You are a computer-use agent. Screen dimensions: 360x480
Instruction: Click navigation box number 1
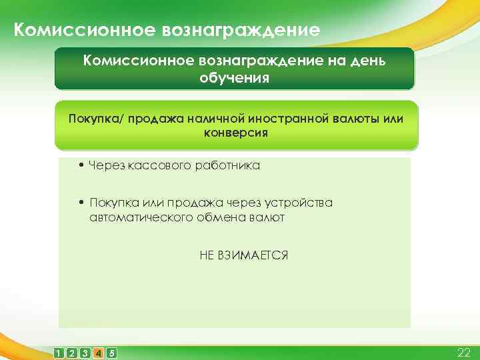click(x=60, y=352)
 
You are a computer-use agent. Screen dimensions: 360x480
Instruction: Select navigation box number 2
click(x=73, y=352)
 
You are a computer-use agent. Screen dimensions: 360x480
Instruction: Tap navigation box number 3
click(x=85, y=352)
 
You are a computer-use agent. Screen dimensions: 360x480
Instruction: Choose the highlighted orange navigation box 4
click(x=99, y=352)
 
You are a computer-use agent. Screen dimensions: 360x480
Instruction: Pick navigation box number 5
click(x=111, y=352)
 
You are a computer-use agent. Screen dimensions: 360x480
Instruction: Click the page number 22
click(x=463, y=352)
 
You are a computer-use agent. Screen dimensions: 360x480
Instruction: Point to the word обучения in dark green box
click(x=234, y=78)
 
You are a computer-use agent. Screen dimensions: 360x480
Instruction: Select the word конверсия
click(x=235, y=132)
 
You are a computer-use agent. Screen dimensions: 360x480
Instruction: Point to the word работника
click(x=226, y=165)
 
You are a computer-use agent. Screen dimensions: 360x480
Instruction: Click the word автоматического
click(x=133, y=217)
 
